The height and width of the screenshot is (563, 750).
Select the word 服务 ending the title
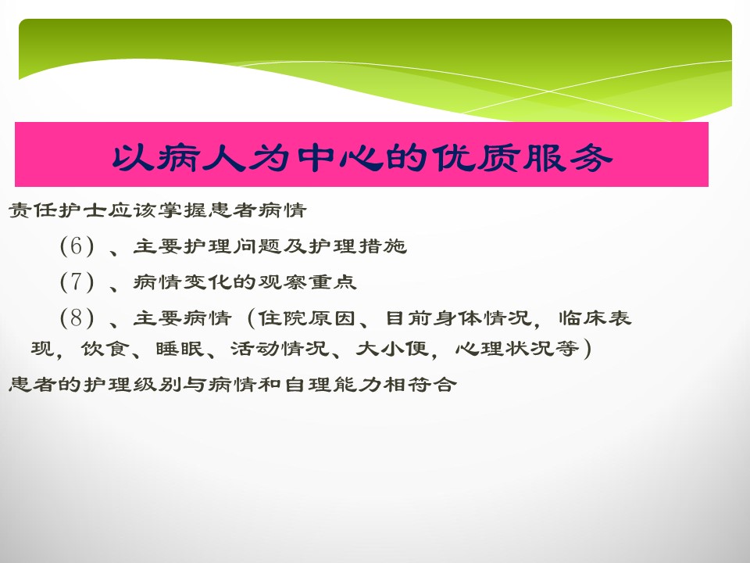click(567, 157)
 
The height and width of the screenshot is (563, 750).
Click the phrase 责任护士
click(57, 210)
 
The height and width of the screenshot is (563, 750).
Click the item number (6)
click(77, 246)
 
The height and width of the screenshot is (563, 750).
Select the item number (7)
click(77, 281)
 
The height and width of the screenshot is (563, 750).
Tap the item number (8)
click(77, 317)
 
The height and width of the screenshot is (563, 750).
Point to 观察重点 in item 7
click(307, 281)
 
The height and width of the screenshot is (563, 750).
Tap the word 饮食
click(104, 348)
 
